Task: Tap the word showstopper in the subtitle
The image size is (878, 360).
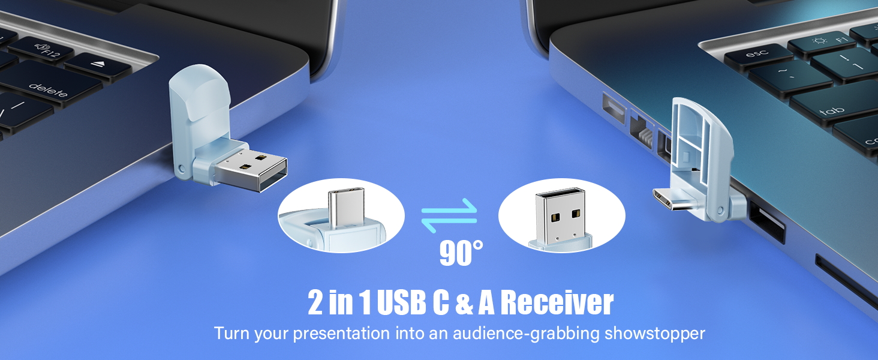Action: tap(655, 333)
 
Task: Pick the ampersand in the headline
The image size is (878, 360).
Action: tap(464, 304)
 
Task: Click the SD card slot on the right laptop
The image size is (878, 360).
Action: tap(846, 282)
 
